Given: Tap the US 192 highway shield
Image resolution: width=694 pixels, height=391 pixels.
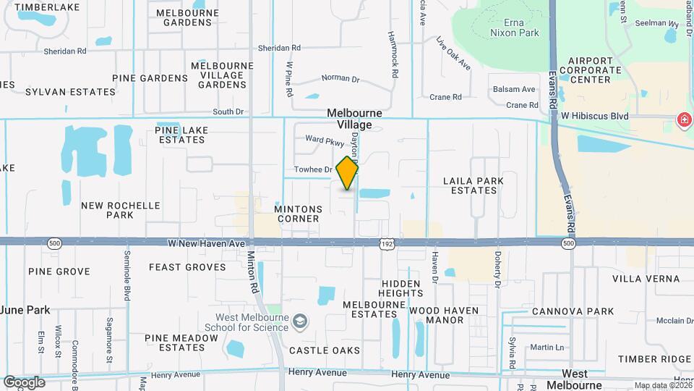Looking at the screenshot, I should (x=387, y=245).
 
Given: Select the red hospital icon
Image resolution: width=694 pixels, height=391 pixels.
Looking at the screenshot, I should (x=682, y=119).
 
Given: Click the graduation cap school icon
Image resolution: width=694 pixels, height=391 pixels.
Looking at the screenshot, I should (x=299, y=321).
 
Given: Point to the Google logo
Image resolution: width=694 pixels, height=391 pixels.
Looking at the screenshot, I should (x=24, y=382).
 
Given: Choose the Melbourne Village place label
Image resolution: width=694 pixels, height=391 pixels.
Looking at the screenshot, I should (x=349, y=119).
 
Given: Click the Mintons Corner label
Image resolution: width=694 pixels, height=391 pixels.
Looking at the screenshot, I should (x=298, y=214).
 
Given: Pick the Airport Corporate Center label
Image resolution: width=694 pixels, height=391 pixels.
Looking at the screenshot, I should (x=595, y=70).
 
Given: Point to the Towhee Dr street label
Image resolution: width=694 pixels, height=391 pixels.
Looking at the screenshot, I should (x=312, y=170).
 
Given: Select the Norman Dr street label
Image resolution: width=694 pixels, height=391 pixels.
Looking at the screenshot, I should (x=340, y=78).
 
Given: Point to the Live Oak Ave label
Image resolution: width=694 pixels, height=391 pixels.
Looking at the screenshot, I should (x=453, y=54).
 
